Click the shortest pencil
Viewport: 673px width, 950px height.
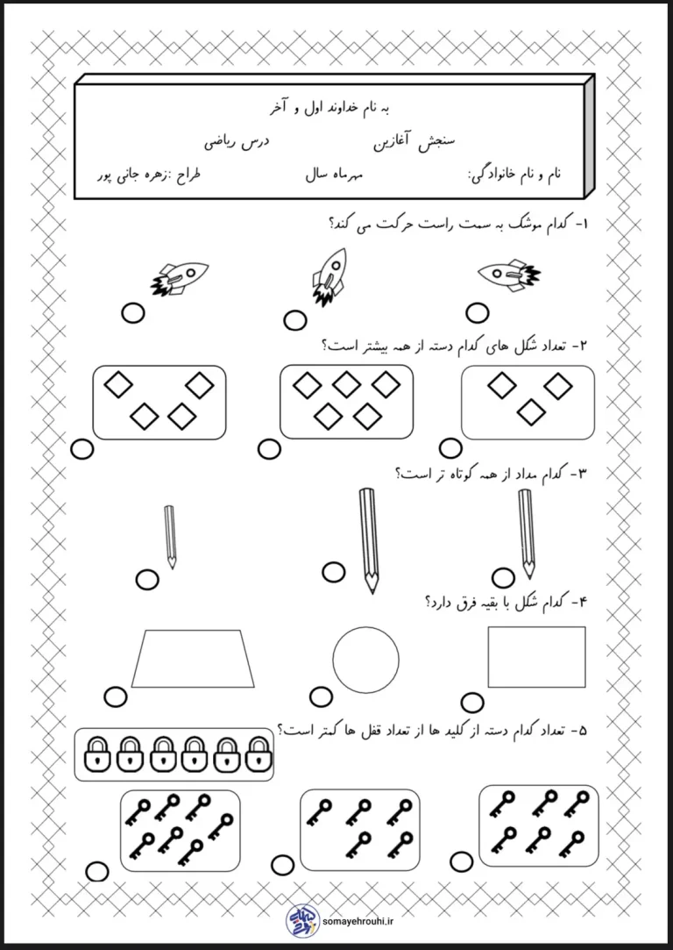[x=170, y=535]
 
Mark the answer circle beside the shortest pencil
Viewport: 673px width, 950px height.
[x=147, y=579]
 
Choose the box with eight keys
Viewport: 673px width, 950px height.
[x=180, y=829]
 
